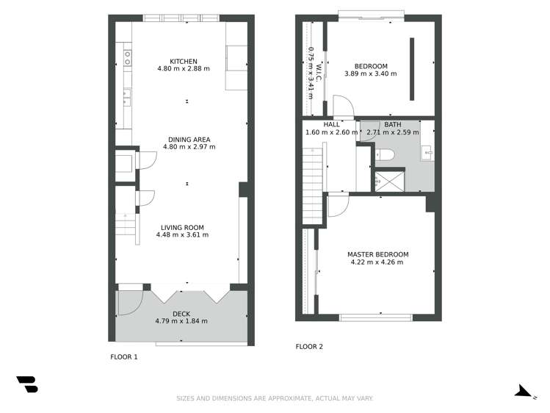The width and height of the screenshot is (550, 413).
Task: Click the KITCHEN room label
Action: (x=184, y=61)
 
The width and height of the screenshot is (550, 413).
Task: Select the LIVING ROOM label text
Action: (x=183, y=227)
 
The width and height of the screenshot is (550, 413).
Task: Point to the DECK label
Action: (x=181, y=314)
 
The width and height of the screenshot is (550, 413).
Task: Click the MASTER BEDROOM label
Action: (x=377, y=254)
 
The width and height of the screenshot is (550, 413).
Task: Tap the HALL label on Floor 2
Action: (x=321, y=125)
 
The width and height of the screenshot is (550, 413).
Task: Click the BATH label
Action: (x=393, y=125)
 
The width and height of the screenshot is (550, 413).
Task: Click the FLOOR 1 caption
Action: (x=123, y=357)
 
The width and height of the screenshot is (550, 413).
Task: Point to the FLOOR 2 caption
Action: (x=309, y=346)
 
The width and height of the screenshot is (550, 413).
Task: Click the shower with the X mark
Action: (x=390, y=180)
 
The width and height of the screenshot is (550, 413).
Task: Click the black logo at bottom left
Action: (x=27, y=384)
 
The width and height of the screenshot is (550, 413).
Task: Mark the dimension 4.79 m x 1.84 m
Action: (x=181, y=321)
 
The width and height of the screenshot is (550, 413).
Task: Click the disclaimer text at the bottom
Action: (x=275, y=398)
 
